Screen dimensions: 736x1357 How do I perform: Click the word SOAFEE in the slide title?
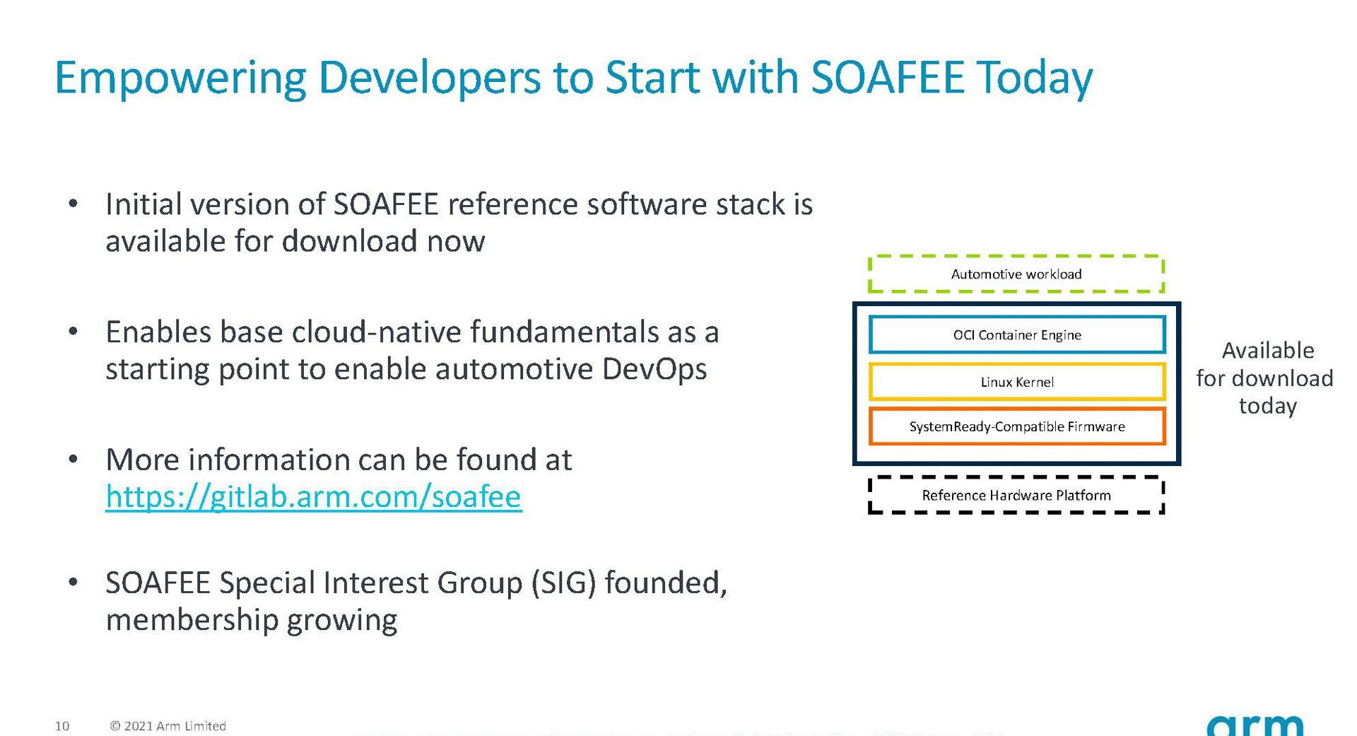(887, 77)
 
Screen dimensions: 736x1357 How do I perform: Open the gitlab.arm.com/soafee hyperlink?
(313, 496)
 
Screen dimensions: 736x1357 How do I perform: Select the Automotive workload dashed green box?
(1016, 274)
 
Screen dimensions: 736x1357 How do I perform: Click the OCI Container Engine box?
(1016, 335)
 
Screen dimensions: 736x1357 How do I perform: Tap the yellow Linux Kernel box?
(1016, 382)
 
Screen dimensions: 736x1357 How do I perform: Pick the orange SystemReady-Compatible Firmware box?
(1016, 427)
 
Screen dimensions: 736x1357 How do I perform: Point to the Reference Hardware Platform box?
(1016, 496)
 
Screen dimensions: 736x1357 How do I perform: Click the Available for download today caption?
(1265, 378)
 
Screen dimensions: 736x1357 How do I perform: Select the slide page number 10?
(62, 726)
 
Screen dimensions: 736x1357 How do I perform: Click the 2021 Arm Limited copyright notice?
(168, 726)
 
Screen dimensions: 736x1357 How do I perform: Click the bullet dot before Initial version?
(73, 204)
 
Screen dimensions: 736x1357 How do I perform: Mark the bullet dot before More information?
(73, 460)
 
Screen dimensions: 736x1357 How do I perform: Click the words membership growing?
(251, 620)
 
